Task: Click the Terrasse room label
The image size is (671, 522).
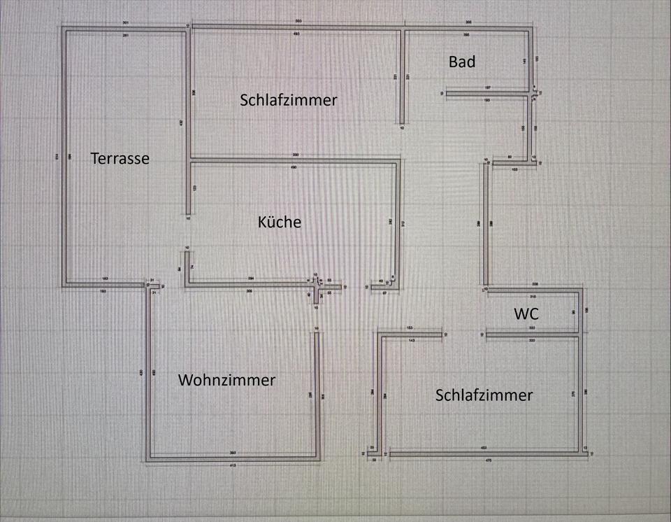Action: pyautogui.click(x=120, y=159)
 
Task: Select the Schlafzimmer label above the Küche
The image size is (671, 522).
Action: pyautogui.click(x=288, y=100)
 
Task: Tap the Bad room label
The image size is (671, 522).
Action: pyautogui.click(x=462, y=62)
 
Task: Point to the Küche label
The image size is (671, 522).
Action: pyautogui.click(x=280, y=222)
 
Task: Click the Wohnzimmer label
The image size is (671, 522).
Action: pyautogui.click(x=226, y=381)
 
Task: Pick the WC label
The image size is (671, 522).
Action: pyautogui.click(x=526, y=314)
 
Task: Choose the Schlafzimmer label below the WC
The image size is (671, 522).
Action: pyautogui.click(x=484, y=395)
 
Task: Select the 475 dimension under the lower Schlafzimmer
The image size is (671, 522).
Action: pyautogui.click(x=489, y=460)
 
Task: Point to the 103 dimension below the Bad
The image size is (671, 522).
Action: pyautogui.click(x=514, y=170)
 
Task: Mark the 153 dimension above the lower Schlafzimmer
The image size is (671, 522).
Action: pyautogui.click(x=410, y=327)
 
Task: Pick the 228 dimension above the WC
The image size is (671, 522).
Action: pyautogui.click(x=535, y=284)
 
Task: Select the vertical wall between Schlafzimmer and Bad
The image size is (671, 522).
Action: pyautogui.click(x=402, y=77)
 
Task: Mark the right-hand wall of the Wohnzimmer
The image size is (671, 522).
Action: pyautogui.click(x=318, y=395)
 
